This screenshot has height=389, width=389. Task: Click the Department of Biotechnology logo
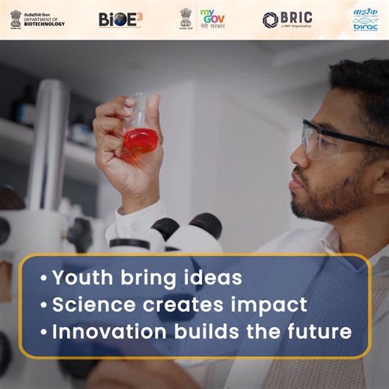pos(37,19)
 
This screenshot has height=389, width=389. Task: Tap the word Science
pos(89,304)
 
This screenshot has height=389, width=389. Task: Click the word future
pos(317,331)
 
